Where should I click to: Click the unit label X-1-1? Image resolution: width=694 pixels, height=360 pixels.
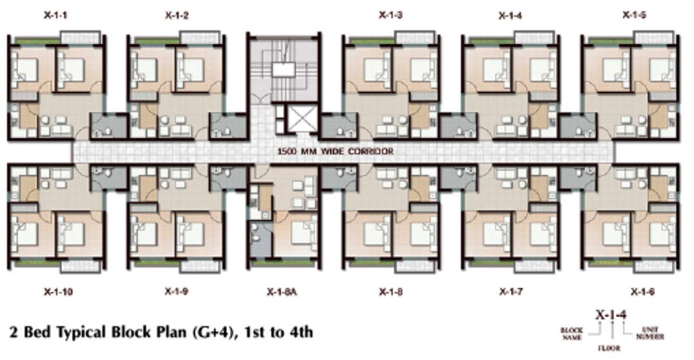pyautogui.click(x=55, y=16)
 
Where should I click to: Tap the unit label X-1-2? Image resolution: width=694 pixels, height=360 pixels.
pyautogui.click(x=177, y=16)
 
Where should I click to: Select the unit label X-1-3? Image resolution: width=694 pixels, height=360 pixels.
pyautogui.click(x=390, y=16)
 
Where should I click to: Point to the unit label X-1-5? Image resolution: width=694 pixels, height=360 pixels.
pyautogui.click(x=634, y=16)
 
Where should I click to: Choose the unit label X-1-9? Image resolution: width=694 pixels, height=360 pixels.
pyautogui.click(x=177, y=292)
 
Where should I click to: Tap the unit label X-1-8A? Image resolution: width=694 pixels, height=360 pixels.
pyautogui.click(x=282, y=292)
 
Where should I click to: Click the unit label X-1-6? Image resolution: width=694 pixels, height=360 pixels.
pyautogui.click(x=643, y=292)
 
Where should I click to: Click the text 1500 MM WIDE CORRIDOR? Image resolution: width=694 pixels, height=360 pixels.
pyautogui.click(x=335, y=152)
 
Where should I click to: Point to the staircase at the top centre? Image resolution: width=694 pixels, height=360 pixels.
pyautogui.click(x=283, y=70)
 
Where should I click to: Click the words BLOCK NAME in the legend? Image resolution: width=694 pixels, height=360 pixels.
pyautogui.click(x=571, y=334)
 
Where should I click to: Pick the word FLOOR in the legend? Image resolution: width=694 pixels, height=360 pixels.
pyautogui.click(x=609, y=348)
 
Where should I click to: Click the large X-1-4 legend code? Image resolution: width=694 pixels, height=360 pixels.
pyautogui.click(x=611, y=315)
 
